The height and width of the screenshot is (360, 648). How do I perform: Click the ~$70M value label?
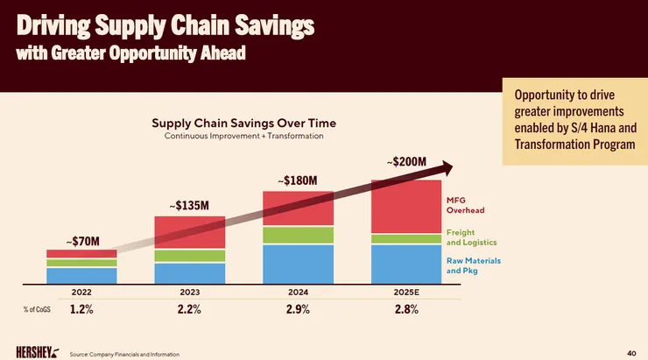tap(82, 240)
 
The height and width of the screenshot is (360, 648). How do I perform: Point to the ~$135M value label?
tap(189, 206)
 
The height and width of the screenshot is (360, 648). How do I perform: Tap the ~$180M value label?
tap(297, 180)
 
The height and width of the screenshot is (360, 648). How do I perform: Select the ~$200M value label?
tap(405, 162)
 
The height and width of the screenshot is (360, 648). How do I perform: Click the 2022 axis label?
tap(81, 290)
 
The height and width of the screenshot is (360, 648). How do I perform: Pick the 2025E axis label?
tap(405, 290)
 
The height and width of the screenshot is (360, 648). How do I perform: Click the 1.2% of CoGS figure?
tap(81, 309)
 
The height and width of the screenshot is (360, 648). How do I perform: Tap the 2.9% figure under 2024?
tap(298, 309)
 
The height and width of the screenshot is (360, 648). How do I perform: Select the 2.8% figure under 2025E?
tap(405, 309)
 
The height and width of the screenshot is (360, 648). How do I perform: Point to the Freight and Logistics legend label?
tap(472, 236)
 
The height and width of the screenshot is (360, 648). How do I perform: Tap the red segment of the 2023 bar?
tap(189, 232)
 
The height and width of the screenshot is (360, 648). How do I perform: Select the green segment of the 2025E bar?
tap(405, 238)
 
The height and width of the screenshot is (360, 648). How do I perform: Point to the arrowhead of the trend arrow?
tap(446, 166)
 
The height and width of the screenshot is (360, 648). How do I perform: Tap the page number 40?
tap(631, 352)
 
